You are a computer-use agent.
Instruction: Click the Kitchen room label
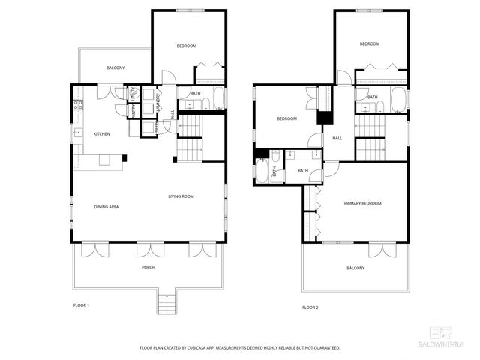click(102, 134)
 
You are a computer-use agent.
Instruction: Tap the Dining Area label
click(106, 207)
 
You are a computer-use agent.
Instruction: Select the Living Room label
click(181, 196)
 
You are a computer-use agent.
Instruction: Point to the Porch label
click(148, 268)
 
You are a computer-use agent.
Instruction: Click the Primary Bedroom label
click(363, 204)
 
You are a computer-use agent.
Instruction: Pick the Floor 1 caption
click(81, 305)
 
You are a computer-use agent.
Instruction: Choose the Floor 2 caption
click(310, 307)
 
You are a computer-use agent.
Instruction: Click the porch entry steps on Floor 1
click(166, 304)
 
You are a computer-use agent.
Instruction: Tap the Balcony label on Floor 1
click(115, 68)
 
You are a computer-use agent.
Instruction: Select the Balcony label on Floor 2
click(355, 268)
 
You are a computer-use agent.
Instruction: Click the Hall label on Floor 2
click(337, 138)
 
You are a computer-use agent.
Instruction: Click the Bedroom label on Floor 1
click(187, 46)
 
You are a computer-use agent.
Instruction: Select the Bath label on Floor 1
click(195, 94)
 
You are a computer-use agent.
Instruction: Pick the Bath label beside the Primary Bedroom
click(303, 171)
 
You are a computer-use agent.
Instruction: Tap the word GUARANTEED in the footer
click(325, 348)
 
